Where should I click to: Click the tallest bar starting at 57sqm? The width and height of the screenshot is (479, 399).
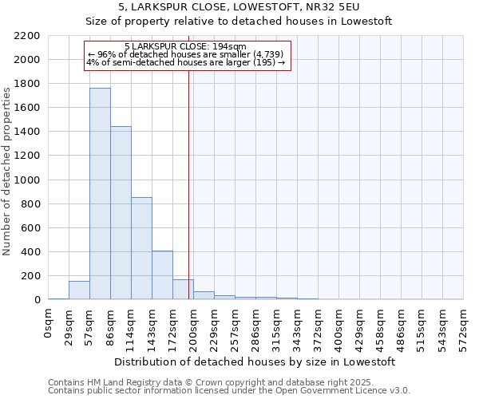100,194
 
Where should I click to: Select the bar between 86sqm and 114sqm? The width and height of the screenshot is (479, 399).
121,213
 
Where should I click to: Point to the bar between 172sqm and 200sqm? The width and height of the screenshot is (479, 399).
183,290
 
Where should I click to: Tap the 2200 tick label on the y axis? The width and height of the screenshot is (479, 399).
27,36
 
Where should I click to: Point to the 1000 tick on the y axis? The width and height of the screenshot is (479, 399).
27,180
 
